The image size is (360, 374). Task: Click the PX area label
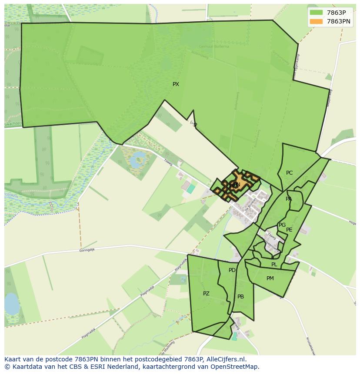[x=176, y=84]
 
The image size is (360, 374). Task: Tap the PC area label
[x=289, y=173]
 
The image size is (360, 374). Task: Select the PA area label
[x=289, y=199]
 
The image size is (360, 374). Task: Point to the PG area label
[x=282, y=225]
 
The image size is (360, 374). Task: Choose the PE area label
[x=289, y=230]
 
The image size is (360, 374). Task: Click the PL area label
[x=274, y=265]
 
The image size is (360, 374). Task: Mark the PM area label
[x=270, y=278]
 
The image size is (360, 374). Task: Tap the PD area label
[x=232, y=270]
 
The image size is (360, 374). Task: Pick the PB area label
[x=240, y=297]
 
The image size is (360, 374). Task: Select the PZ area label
[x=206, y=294]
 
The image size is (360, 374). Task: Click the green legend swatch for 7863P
[x=316, y=13]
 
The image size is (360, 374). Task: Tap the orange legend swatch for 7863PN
[x=316, y=21]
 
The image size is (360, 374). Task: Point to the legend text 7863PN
[x=338, y=21]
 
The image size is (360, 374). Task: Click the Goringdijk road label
[x=87, y=250]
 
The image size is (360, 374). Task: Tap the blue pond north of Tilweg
[x=138, y=159]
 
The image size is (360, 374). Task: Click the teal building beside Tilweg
[x=191, y=189]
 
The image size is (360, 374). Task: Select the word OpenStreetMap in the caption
[x=237, y=367]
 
